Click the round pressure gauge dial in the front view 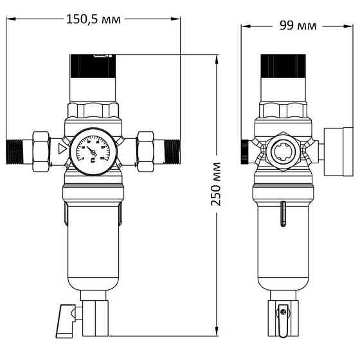point(93,153)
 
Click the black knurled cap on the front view point(93,66)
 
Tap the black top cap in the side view point(282,66)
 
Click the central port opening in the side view point(281,153)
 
